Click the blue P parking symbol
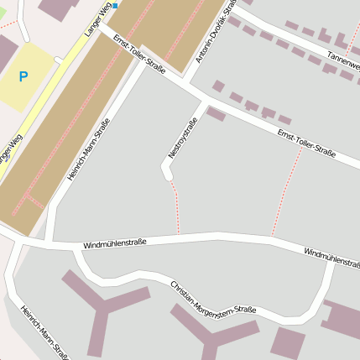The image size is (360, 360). [x=23, y=76]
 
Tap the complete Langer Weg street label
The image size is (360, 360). [x=98, y=18]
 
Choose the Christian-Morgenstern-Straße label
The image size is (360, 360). [x=213, y=299]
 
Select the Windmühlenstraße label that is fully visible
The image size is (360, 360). [x=114, y=243]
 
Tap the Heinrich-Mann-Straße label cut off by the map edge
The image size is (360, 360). [x=44, y=332]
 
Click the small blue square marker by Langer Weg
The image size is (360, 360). [x=116, y=5]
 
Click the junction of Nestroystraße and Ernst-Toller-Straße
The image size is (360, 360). [x=205, y=102]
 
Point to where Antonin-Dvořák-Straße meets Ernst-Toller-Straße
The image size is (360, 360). [x=187, y=84]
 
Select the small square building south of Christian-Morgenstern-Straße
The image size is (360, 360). [x=288, y=342]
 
